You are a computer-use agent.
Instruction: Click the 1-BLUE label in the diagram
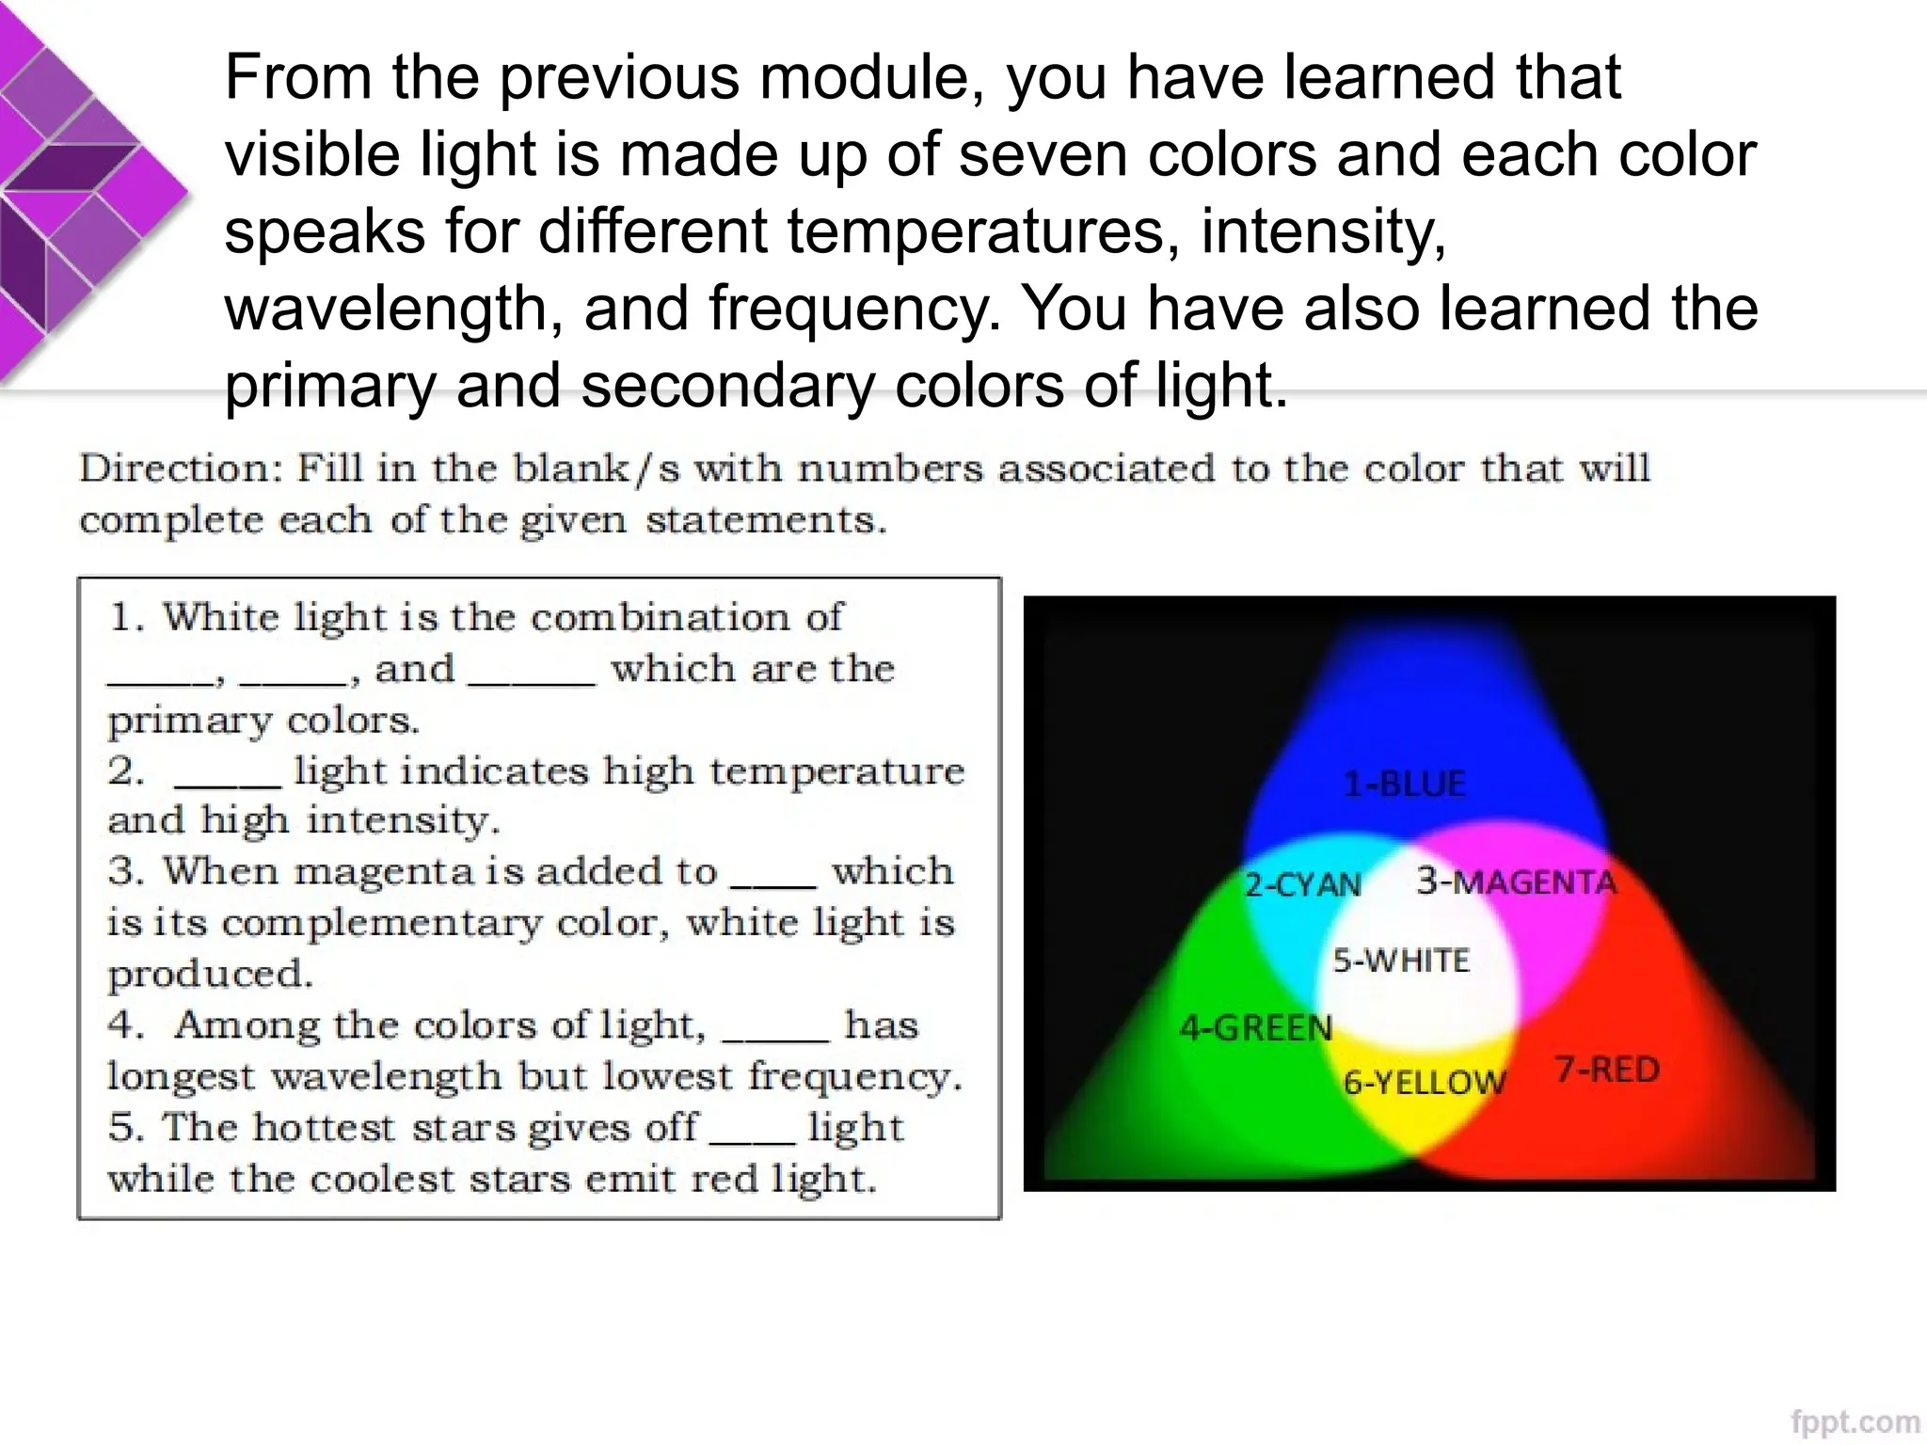[x=1404, y=784]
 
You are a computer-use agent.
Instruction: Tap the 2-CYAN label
[x=1303, y=884]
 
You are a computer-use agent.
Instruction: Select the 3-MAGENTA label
[x=1517, y=881]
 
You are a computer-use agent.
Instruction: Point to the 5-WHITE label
[x=1401, y=961]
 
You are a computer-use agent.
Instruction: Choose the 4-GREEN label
[x=1256, y=1027]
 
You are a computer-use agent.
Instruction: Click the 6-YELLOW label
[x=1425, y=1082]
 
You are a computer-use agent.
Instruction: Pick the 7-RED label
[x=1607, y=1070]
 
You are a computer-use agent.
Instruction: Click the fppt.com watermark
[x=1855, y=1421]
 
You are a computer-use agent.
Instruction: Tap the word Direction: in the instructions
[x=182, y=468]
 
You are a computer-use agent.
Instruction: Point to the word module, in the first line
[x=871, y=77]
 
